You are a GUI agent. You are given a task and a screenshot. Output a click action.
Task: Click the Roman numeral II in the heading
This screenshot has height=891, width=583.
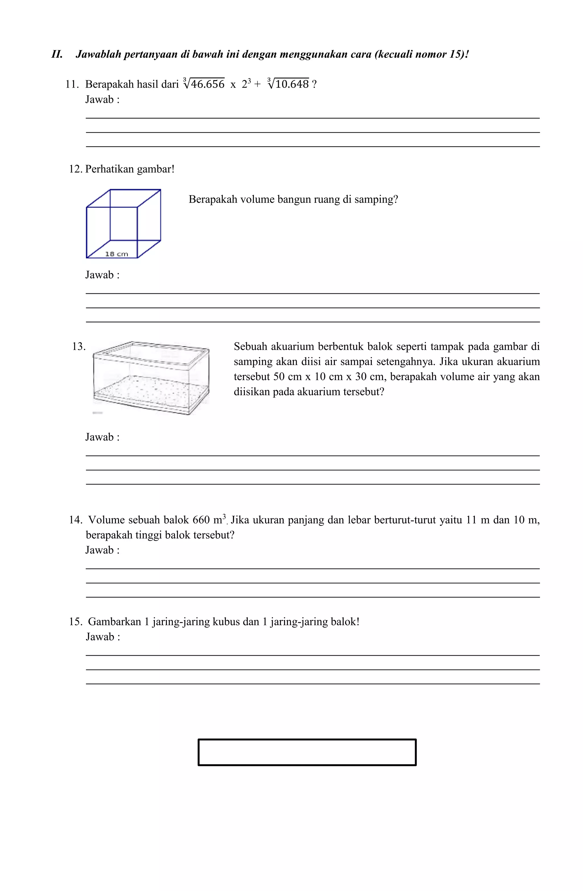[x=57, y=55]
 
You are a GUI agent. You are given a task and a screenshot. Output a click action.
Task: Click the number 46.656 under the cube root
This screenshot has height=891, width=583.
[x=207, y=84]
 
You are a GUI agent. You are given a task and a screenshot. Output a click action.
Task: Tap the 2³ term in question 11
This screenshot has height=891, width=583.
[x=246, y=84]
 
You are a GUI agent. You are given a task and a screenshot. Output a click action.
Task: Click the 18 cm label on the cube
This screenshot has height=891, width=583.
[x=116, y=254]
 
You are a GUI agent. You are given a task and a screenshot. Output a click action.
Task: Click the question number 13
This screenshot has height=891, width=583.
[x=78, y=347]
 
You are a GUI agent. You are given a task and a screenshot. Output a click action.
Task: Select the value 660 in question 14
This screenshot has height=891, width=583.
[x=201, y=520]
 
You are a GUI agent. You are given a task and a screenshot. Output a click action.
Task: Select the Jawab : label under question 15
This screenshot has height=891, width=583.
[x=103, y=637]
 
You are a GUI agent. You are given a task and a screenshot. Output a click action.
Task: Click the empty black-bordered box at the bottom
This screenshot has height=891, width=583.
[x=307, y=752]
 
